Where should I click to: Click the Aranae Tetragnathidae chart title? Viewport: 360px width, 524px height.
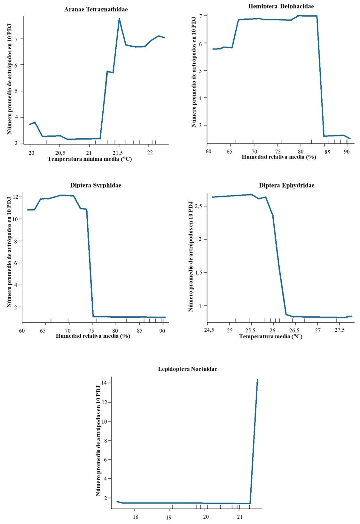pos(96,9)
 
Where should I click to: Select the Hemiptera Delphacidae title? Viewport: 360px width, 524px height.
pos(281,6)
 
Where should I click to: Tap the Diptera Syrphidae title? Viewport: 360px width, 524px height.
pos(96,185)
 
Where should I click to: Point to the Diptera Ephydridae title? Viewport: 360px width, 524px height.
pos(287,185)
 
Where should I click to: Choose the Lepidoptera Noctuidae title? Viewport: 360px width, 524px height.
pos(188,369)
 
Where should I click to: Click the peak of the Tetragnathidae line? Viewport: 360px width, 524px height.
pos(119,19)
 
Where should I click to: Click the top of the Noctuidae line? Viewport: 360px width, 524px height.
pos(257,380)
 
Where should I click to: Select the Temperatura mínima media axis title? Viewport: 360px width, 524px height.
pos(90,159)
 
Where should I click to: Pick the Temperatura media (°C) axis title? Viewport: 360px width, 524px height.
pos(271,336)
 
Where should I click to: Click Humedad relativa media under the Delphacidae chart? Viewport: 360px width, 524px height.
pos(279,157)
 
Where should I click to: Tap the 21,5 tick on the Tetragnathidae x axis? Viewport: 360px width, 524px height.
pos(119,153)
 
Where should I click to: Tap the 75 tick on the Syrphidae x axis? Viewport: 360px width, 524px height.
pos(92,331)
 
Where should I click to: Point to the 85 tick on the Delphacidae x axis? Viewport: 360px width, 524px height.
pos(327,152)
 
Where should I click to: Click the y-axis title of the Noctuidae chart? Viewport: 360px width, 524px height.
pos(98,441)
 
